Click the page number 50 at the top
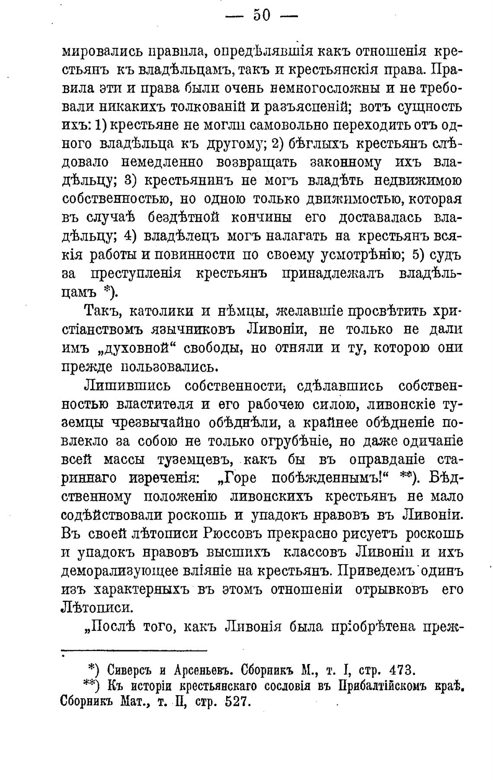pos(261,16)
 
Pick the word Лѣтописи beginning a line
pos(96,607)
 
